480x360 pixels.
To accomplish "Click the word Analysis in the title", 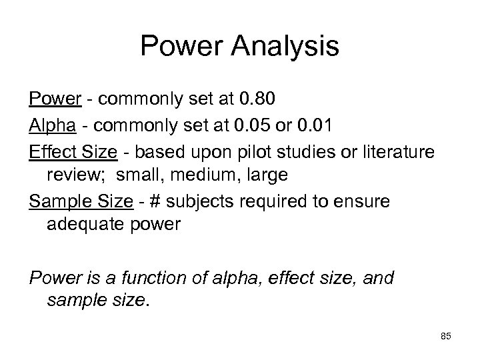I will coord(289,47).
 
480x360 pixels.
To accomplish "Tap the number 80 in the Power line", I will coord(263,100).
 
